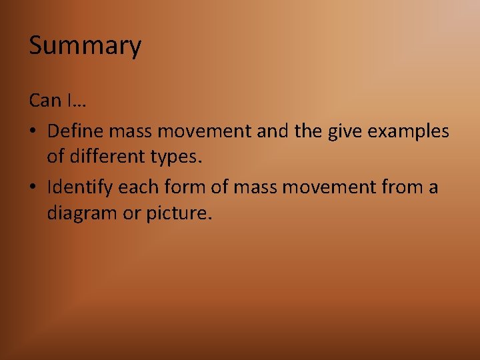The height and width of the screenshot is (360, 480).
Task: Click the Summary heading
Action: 85,46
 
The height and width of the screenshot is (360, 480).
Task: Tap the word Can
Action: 45,101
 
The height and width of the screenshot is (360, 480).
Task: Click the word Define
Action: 75,131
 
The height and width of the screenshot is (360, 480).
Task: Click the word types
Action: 179,159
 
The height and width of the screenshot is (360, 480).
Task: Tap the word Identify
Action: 80,187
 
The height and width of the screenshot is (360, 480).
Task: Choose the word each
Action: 137,187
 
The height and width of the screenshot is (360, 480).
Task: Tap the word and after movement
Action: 273,131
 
